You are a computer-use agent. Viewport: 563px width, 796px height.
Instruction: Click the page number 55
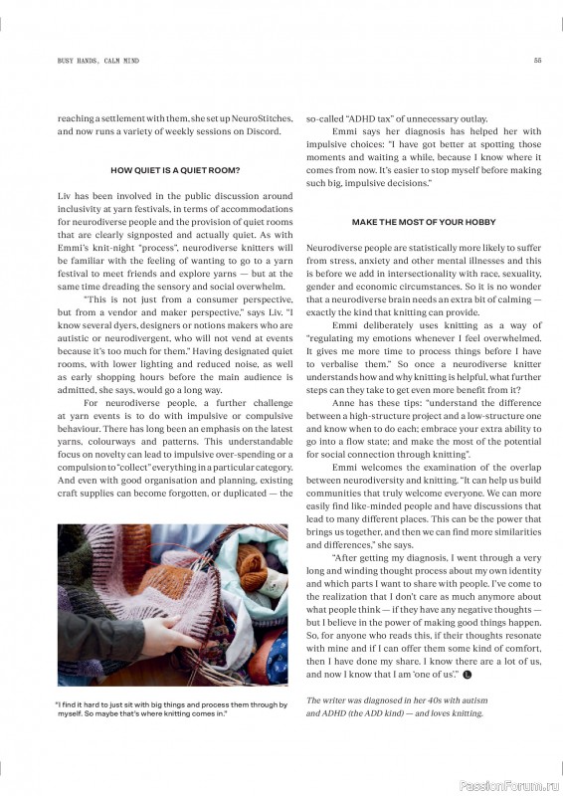537,61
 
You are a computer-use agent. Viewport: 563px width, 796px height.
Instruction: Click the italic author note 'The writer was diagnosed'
396,706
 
